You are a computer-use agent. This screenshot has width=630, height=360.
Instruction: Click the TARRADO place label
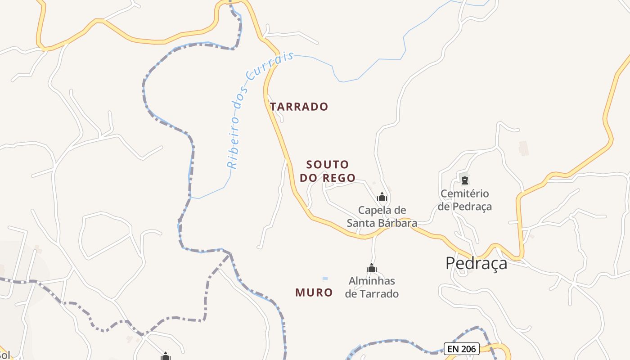coord(299,107)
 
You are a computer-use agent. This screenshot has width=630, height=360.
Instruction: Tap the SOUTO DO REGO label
coord(328,171)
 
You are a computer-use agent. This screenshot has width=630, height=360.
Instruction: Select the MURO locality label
coord(314,292)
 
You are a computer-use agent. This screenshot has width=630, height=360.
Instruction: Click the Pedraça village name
coord(476,263)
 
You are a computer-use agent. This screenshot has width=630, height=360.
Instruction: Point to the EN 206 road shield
coord(462,349)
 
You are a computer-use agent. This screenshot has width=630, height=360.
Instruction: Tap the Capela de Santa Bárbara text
coord(382,216)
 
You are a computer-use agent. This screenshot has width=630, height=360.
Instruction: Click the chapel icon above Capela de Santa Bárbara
coord(382,197)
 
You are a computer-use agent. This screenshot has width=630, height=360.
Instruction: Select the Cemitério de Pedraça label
coord(465,200)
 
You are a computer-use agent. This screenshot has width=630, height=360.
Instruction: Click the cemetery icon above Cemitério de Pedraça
coord(465,180)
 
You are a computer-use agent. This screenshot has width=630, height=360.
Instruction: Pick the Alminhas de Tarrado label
coord(372,288)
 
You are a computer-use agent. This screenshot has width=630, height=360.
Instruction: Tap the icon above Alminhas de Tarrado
coord(372,269)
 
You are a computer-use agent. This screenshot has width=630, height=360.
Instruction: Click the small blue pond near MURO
coord(325,279)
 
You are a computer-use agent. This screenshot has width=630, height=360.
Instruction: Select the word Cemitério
coord(465,194)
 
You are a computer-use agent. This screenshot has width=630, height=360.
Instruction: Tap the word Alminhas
coord(372,281)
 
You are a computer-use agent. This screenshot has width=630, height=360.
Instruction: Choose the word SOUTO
coord(328,164)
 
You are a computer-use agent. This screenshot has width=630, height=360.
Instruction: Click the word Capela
coord(376,210)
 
